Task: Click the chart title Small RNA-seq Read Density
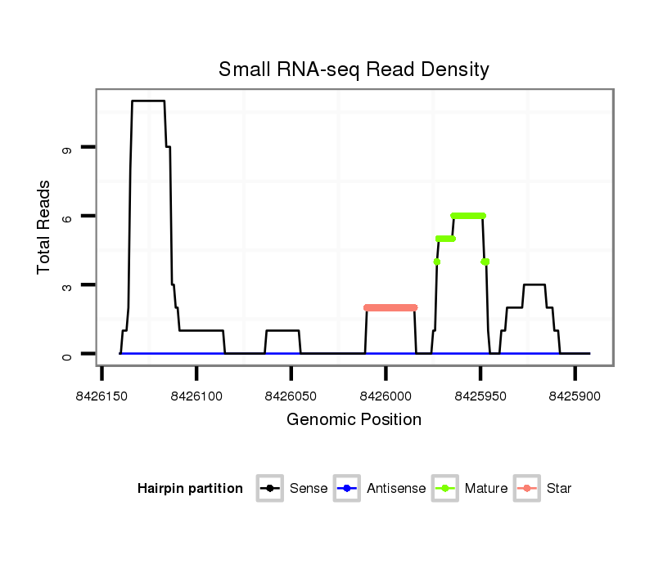coord(354,69)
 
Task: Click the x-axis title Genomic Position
coord(354,420)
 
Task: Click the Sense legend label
coord(309,489)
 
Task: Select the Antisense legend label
coord(396,489)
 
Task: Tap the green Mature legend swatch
coord(445,489)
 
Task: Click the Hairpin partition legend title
coord(190,489)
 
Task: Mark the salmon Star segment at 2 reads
coord(390,307)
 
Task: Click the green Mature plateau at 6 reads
coord(468,216)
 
